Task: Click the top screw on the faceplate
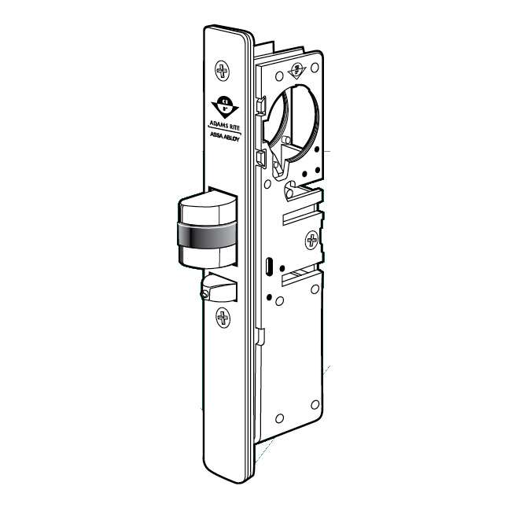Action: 223,72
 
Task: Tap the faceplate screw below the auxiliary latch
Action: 223,318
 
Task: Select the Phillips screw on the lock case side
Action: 313,239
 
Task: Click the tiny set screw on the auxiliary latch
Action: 206,293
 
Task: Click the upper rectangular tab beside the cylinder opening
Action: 259,107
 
